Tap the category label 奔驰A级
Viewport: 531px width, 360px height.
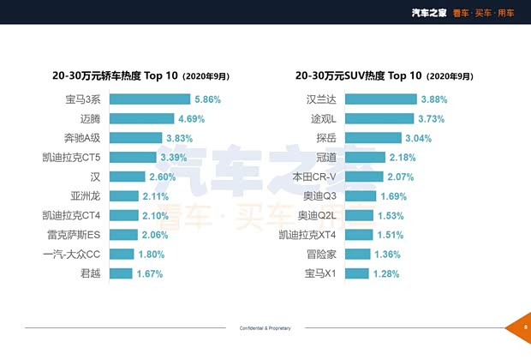point(82,138)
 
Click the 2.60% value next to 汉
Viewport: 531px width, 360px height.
point(163,177)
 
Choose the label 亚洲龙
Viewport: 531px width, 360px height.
point(88,196)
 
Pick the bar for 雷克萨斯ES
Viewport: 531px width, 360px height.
point(122,235)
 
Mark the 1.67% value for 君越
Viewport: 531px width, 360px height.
point(150,273)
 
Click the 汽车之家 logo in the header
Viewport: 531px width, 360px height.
point(427,11)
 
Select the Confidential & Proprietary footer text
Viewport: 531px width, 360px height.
point(265,328)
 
